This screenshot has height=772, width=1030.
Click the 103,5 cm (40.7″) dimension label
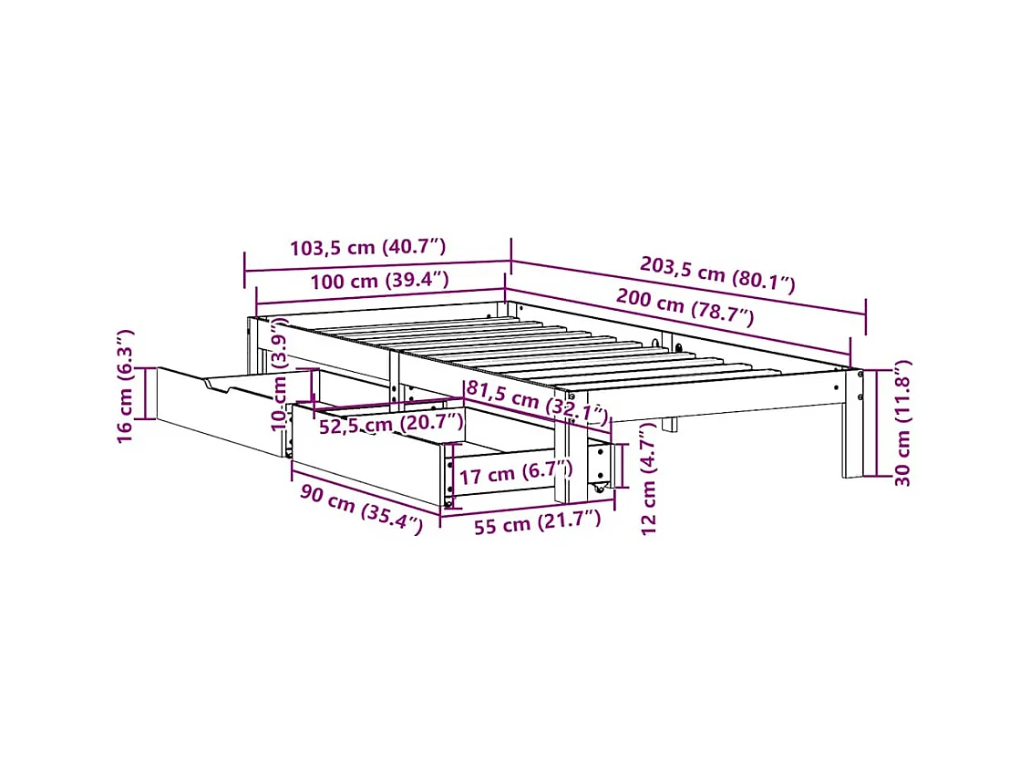point(367,247)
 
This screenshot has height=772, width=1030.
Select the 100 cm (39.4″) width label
point(379,280)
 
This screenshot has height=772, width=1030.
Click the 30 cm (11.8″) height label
point(901,423)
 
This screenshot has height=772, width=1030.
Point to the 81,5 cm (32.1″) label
point(536,402)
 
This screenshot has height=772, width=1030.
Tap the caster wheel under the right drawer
point(600,492)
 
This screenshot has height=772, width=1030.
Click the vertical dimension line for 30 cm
point(875,423)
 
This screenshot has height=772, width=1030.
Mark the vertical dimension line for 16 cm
point(149,392)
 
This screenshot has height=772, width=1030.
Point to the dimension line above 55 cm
point(528,507)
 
